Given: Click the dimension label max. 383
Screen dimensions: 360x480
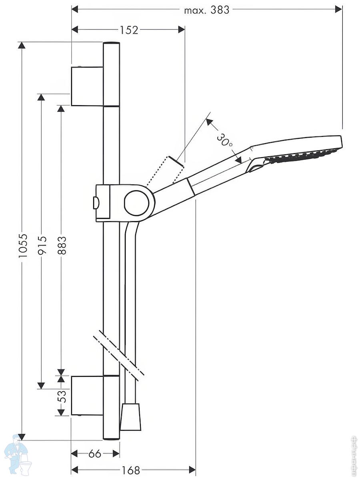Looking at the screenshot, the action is [206, 10].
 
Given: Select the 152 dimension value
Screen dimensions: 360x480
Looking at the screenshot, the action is [129, 30].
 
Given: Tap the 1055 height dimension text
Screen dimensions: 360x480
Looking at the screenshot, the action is [23, 245].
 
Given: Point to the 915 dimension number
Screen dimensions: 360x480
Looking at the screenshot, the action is [42, 245].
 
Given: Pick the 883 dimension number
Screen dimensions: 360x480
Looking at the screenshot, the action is [62, 245].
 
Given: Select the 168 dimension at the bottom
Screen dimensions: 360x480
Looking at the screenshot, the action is [130, 469].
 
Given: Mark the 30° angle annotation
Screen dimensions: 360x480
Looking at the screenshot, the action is [224, 140].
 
